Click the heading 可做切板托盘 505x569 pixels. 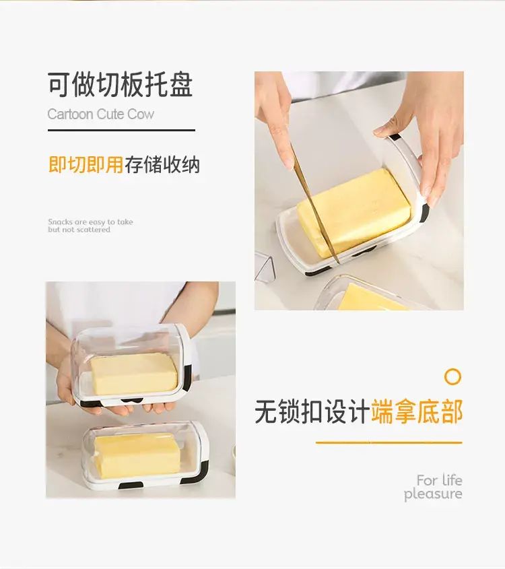(120, 84)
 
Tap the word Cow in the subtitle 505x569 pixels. (141, 114)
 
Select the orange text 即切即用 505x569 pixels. (86, 165)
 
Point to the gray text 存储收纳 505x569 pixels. (162, 165)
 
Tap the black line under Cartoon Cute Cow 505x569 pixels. (121, 130)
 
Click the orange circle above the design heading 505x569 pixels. (452, 376)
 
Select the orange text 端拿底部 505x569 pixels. (417, 411)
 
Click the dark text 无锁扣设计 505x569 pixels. (312, 411)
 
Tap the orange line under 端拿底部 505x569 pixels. (389, 442)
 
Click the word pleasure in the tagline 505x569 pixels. (433, 494)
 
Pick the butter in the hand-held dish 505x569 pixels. (134, 374)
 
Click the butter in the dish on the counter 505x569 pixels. (137, 455)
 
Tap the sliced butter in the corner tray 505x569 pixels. (374, 298)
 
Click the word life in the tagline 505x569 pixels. (452, 481)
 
